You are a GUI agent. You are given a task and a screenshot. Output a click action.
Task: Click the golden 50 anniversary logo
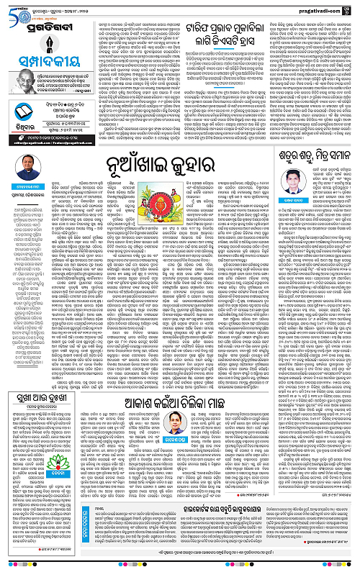point(15,11)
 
